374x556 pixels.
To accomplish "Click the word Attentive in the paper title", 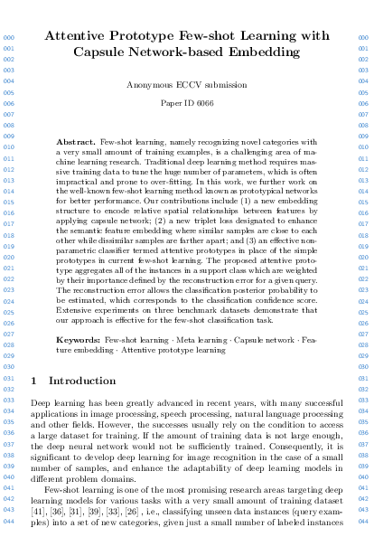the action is [x=79, y=37].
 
